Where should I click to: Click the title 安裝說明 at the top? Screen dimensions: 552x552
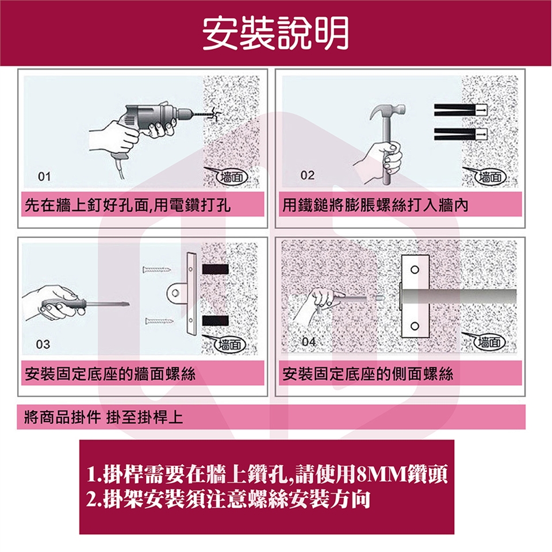275,33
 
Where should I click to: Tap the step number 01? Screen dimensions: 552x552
44,176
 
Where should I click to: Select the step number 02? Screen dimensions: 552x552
307,175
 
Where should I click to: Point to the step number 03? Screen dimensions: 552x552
43,344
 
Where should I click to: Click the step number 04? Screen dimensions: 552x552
309,342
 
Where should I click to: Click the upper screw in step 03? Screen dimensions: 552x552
156,270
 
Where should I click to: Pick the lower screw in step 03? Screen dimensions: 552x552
159,321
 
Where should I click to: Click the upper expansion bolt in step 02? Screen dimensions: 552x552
461,110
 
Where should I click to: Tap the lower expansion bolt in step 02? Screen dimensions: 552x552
461,134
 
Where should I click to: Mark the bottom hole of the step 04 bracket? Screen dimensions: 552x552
415,325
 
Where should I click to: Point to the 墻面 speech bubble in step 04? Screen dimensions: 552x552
486,342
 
